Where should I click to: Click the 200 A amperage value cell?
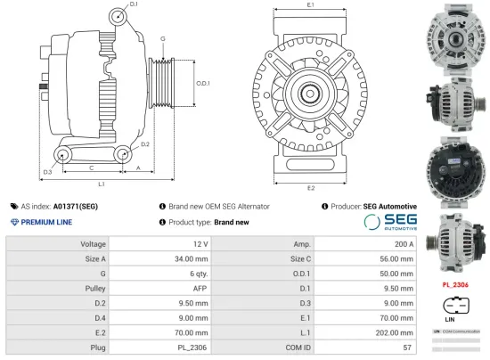[x=406, y=243]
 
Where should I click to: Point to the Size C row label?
[x=300, y=259]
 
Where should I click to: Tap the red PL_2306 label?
[x=455, y=286]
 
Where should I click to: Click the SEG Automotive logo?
[x=390, y=221]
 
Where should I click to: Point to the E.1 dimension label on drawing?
[x=309, y=5]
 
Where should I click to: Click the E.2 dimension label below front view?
[x=309, y=188]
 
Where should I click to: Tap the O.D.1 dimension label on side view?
[x=203, y=83]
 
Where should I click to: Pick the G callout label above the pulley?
[x=163, y=39]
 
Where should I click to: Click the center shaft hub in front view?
[x=310, y=92]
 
